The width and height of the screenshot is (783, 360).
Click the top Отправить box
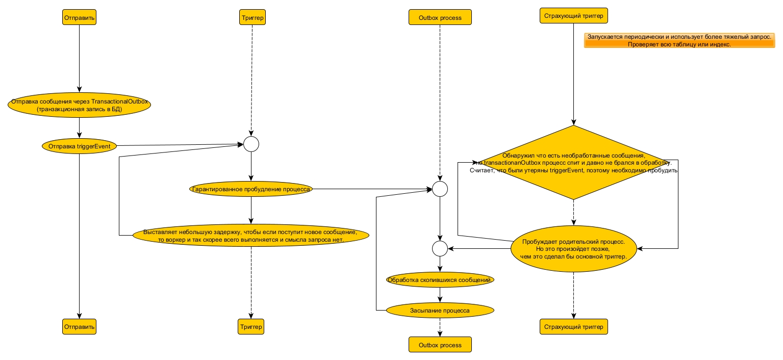[79, 17]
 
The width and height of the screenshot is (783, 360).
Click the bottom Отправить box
[79, 326]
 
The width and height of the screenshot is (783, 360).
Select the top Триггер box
[251, 17]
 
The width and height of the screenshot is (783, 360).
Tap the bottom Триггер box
[251, 326]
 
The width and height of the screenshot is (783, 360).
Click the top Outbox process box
[440, 17]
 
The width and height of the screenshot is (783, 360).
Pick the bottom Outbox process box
[440, 345]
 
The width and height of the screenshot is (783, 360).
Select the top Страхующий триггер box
[573, 16]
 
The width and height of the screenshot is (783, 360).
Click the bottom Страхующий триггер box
[573, 326]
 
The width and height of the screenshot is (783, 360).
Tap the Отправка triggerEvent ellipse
[79, 146]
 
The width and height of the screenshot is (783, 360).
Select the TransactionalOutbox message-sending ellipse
[79, 105]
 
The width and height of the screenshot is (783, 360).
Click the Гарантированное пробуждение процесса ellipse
[251, 189]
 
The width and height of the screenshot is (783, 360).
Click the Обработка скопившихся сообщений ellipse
[440, 280]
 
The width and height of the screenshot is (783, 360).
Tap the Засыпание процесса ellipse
[440, 310]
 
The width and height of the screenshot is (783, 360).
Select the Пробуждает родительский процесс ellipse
[574, 248]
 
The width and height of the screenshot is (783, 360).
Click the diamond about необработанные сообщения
[573, 163]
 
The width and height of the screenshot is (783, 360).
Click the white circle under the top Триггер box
[251, 144]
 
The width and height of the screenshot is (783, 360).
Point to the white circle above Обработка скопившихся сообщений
[440, 248]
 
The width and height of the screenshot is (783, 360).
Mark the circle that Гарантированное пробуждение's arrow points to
[440, 189]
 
